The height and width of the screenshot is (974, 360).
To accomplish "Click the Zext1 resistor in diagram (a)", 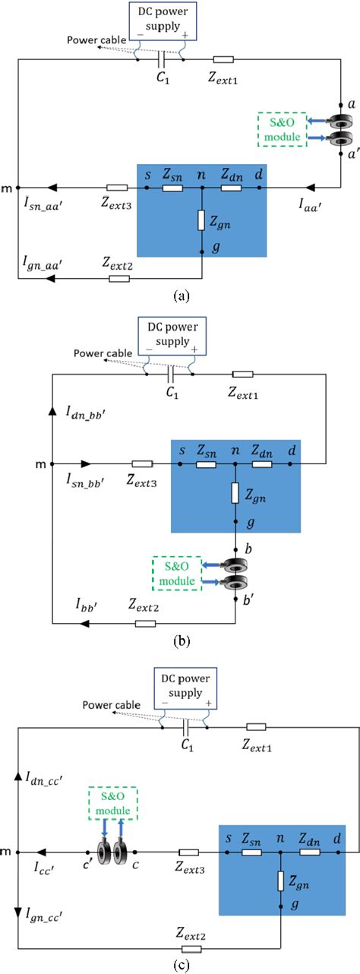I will coord(223,59).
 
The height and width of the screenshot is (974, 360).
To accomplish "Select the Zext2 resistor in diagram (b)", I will coord(145,624).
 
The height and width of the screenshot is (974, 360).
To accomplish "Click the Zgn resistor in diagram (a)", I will coord(202,221).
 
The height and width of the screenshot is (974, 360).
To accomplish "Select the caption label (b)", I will coord(179,640).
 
